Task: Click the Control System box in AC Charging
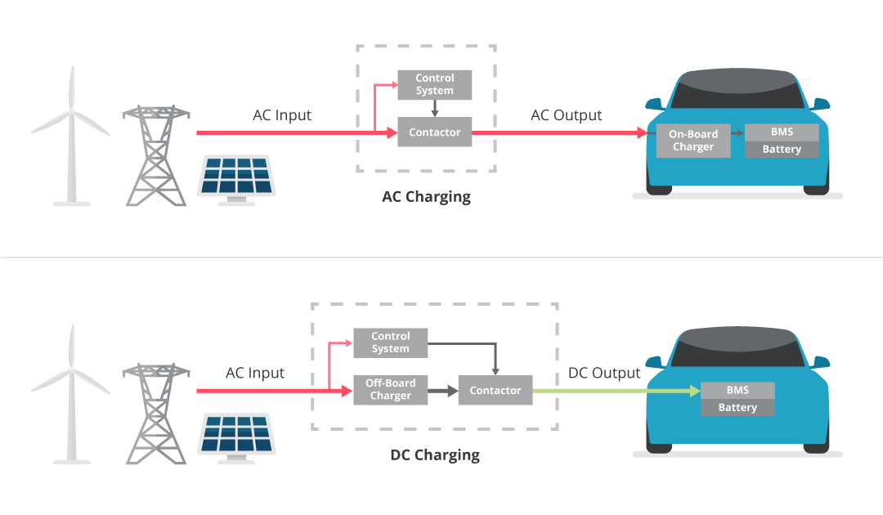(x=434, y=84)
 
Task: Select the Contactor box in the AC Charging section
(x=434, y=132)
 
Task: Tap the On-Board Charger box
(x=693, y=141)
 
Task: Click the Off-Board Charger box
(x=390, y=389)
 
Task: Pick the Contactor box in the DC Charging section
(x=495, y=391)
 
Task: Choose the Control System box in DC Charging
(x=390, y=343)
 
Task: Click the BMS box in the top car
(x=781, y=132)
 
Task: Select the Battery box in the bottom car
(x=737, y=407)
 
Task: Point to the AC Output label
(x=566, y=115)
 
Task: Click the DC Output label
(x=603, y=373)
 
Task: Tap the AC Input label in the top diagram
(x=281, y=115)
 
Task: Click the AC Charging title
(x=426, y=197)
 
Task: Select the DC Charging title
(x=434, y=455)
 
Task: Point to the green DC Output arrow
(x=613, y=391)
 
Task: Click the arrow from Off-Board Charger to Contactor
(x=442, y=391)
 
